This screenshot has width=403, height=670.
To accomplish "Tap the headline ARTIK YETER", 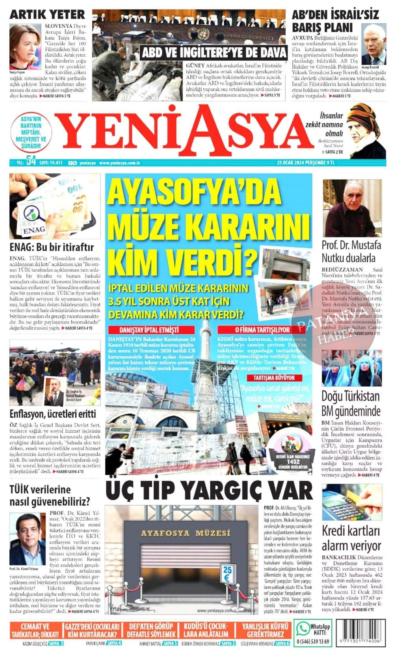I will [x=47, y=15].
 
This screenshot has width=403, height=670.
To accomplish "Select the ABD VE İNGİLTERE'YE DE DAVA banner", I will [x=214, y=52].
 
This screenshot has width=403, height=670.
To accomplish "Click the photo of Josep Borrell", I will [x=373, y=45].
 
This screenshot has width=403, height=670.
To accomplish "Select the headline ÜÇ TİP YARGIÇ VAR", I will [x=209, y=491].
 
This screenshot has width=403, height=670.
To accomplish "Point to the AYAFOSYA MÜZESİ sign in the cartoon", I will [x=186, y=533].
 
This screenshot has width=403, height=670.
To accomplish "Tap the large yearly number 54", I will [x=31, y=162].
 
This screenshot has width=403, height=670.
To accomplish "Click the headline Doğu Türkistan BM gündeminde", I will [x=351, y=403].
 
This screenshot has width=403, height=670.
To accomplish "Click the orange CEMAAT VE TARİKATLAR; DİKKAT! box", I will [x=35, y=631].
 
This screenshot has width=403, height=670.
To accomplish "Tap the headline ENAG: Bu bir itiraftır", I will [x=52, y=248].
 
